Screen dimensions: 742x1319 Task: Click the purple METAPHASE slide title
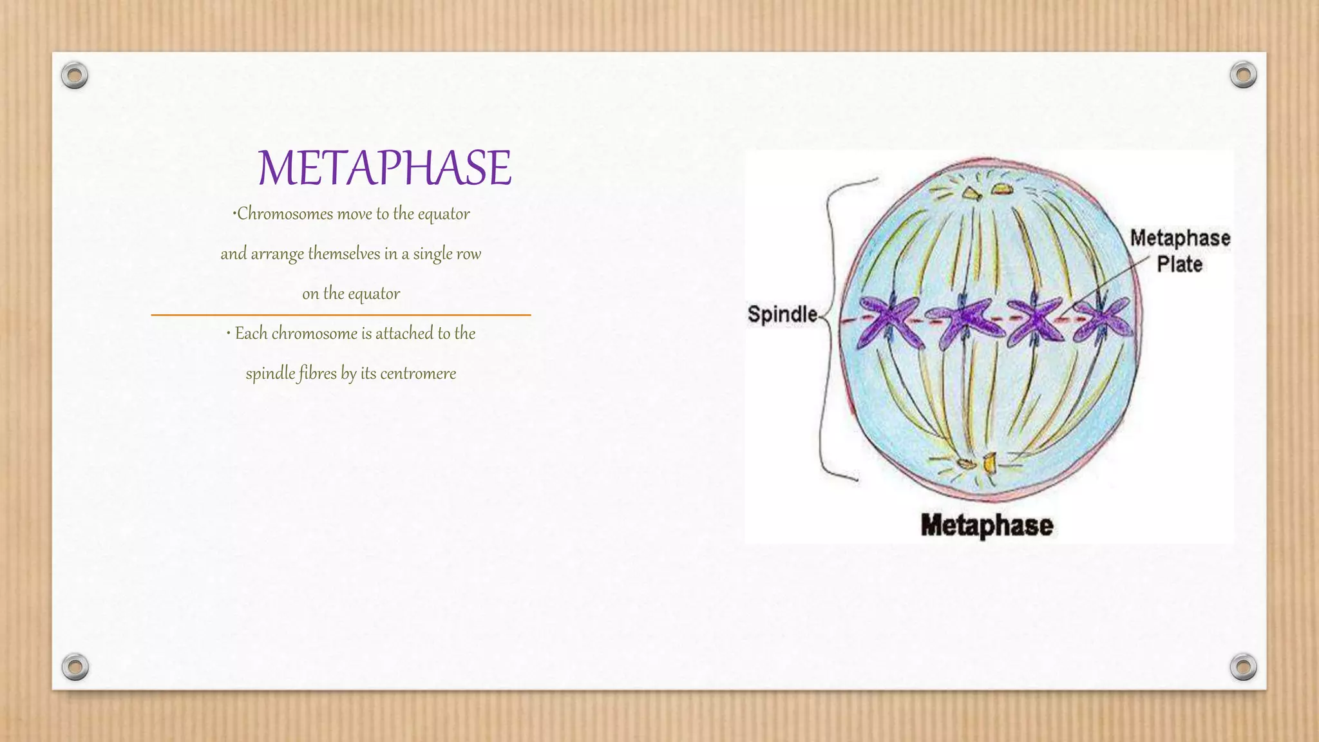click(x=384, y=167)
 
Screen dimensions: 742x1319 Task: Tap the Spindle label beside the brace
click(x=782, y=314)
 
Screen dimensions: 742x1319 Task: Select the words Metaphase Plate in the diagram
click(x=1180, y=251)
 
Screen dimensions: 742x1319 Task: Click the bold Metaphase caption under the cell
click(x=987, y=525)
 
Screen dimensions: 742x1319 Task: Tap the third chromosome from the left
click(x=1035, y=319)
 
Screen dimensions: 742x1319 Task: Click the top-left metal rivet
click(x=75, y=76)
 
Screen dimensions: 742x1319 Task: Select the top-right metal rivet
click(x=1243, y=75)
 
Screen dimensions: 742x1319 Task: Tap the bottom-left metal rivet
click(x=75, y=667)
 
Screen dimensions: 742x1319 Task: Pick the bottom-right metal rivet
click(x=1243, y=667)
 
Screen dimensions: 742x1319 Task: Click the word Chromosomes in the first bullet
click(x=285, y=214)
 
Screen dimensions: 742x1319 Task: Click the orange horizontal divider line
click(x=341, y=315)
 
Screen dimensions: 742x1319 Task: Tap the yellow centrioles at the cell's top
click(x=985, y=191)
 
